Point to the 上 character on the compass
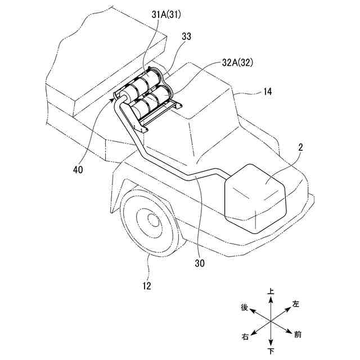point(271,292)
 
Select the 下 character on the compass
point(271,352)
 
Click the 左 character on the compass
point(296,304)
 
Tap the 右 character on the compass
point(245,337)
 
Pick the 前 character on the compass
point(297,335)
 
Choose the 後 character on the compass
point(244,307)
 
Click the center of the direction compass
point(271,321)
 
